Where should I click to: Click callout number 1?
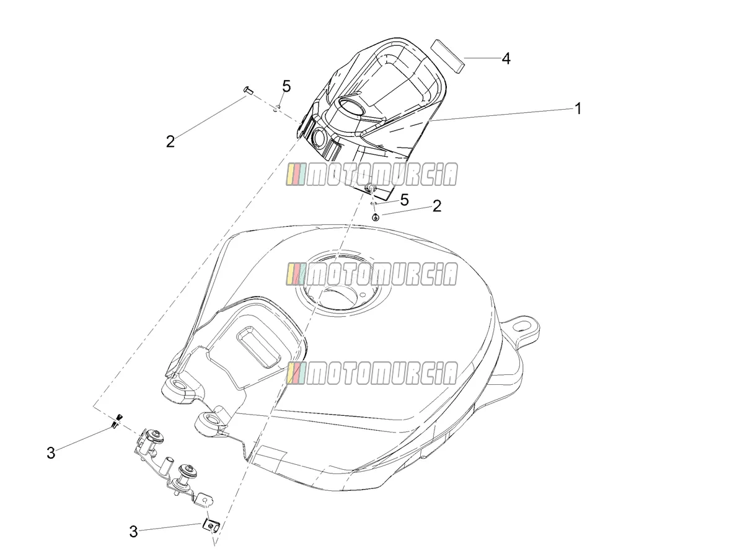pyautogui.click(x=578, y=108)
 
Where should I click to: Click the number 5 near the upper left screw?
pyautogui.click(x=286, y=87)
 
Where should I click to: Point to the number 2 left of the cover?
pyautogui.click(x=170, y=141)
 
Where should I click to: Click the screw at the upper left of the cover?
pyautogui.click(x=249, y=90)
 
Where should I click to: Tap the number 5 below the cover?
pyautogui.click(x=404, y=200)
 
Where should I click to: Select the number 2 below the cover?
pyautogui.click(x=437, y=206)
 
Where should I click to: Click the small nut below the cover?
pyautogui.click(x=376, y=218)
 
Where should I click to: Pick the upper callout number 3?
pyautogui.click(x=51, y=453)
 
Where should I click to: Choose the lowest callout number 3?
pyautogui.click(x=133, y=532)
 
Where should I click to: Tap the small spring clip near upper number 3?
pyautogui.click(x=117, y=421)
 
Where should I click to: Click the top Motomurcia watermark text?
pyautogui.click(x=372, y=174)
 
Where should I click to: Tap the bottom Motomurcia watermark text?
pyautogui.click(x=372, y=372)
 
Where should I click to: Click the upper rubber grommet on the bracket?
pyautogui.click(x=156, y=436)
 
